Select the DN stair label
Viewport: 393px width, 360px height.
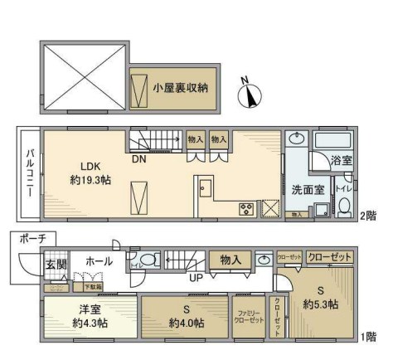(139, 159)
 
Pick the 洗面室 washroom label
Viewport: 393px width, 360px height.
(307, 187)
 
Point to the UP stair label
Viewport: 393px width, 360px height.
(196, 277)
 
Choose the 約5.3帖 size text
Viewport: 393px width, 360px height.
(320, 305)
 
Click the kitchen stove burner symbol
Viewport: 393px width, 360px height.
(245, 207)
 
